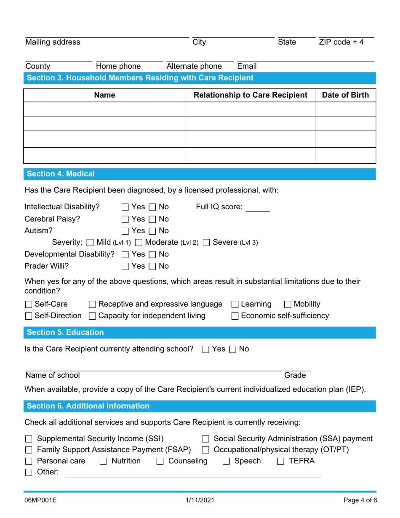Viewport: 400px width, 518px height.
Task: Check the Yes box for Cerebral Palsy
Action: click(x=125, y=219)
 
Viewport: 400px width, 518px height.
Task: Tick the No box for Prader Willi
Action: click(x=152, y=266)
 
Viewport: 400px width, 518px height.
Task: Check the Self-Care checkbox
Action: click(x=29, y=304)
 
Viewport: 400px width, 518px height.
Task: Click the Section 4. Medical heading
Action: click(x=61, y=174)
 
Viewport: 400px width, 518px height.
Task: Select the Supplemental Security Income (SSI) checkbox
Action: click(x=29, y=439)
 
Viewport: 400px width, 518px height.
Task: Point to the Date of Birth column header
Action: click(x=345, y=96)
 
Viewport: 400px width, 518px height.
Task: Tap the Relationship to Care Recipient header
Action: click(x=250, y=96)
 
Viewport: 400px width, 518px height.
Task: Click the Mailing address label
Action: click(x=53, y=42)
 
